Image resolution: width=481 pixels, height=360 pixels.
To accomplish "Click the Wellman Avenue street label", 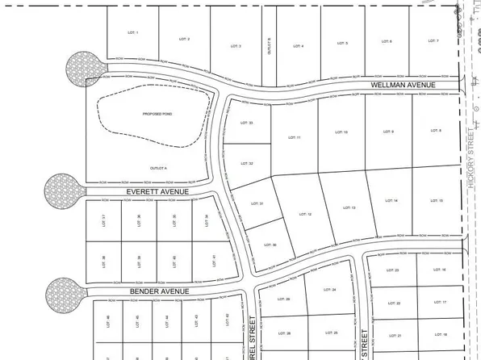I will click(x=403, y=85).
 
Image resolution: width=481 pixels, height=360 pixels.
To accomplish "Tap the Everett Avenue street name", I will click(x=157, y=192).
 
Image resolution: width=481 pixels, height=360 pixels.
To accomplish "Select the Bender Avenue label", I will click(x=158, y=291).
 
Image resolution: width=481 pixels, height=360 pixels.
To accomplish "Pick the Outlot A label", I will click(x=157, y=167).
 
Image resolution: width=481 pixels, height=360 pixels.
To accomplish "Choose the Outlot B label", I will click(x=268, y=46).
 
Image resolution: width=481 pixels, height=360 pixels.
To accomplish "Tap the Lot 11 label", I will click(x=293, y=138).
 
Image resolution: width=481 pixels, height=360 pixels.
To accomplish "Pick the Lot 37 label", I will click(x=105, y=219).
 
